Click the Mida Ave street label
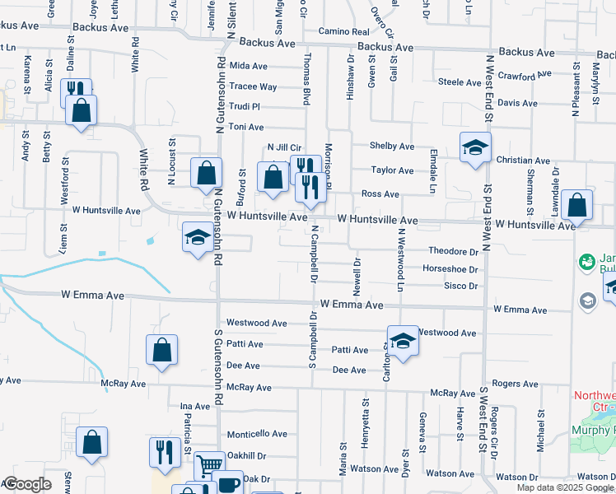(249, 66)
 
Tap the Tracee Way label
(253, 86)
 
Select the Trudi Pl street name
(244, 106)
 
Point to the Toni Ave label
(245, 127)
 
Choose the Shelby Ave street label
(392, 146)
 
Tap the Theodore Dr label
(453, 251)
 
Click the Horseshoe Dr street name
(450, 269)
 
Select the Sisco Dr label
(461, 286)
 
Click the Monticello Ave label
(257, 434)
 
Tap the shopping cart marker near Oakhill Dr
(209, 465)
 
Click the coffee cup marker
(229, 483)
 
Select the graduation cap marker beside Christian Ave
(475, 147)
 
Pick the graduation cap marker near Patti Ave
(402, 341)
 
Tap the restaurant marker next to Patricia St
(165, 452)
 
